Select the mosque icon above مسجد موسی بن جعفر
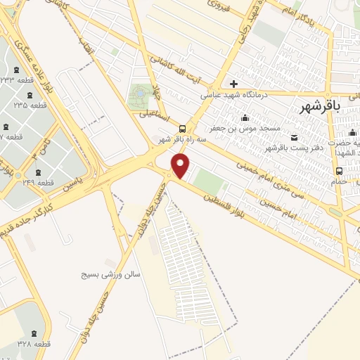[244, 117]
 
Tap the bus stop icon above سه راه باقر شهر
[183, 129]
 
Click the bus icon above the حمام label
[340, 170]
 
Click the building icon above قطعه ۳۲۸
[37, 330]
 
